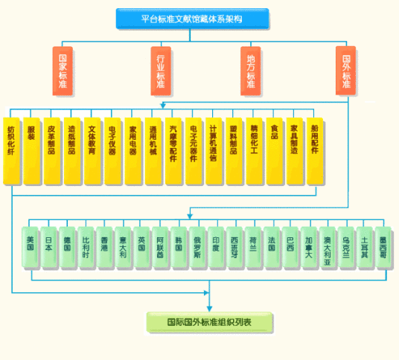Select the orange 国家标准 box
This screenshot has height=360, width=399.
point(63,71)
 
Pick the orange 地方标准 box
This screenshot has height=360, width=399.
point(251,71)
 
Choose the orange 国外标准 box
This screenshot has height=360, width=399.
point(346,71)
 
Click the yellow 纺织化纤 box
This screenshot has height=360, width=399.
point(11,149)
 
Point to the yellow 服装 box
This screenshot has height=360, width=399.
point(31,149)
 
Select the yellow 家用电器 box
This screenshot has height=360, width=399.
point(133,149)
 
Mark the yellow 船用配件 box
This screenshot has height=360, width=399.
point(315,149)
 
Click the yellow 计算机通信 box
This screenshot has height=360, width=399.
point(214,149)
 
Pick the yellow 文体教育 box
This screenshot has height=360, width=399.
point(92,149)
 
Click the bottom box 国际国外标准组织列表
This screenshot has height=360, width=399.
point(209,322)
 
